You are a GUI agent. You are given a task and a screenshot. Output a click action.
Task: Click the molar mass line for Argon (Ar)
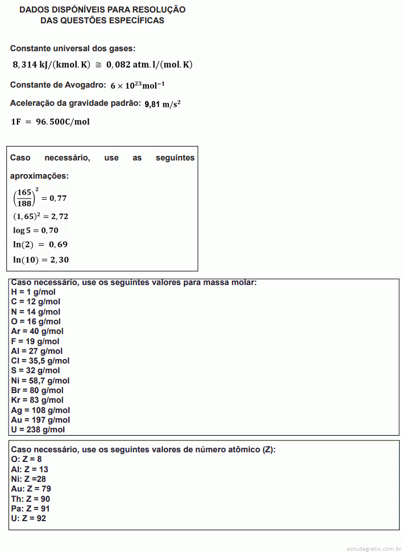(x=37, y=331)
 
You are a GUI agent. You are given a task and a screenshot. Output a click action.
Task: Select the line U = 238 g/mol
(x=38, y=430)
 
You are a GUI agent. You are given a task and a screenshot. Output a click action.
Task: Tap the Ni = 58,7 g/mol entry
(x=40, y=381)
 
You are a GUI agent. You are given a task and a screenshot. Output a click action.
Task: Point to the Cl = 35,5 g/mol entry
(x=40, y=361)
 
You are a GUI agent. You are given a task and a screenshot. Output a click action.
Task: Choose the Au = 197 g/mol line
(x=40, y=420)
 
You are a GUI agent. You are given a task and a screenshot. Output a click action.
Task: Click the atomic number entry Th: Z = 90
(x=31, y=498)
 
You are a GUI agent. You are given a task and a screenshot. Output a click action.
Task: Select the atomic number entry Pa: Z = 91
(x=31, y=508)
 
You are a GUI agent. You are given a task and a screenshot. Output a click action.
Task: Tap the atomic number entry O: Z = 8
(x=26, y=459)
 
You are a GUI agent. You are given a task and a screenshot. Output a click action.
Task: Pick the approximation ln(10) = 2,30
(x=41, y=259)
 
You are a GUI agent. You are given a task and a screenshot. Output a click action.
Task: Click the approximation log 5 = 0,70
(x=36, y=230)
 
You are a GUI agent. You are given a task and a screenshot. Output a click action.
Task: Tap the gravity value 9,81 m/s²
(x=163, y=104)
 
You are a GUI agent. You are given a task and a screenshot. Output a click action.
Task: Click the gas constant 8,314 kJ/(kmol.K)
(x=51, y=65)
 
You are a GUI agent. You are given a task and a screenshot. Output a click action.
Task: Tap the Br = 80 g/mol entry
(x=37, y=390)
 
